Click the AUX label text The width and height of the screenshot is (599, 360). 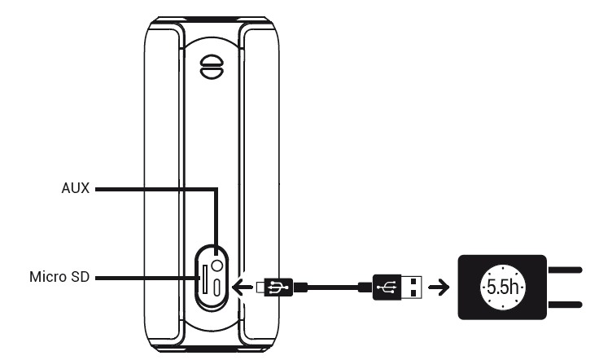(75, 188)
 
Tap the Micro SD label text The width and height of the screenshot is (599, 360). (59, 277)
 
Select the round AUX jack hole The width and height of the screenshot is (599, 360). (216, 266)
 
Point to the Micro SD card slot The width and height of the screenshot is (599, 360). (205, 279)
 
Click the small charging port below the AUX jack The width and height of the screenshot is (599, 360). (216, 288)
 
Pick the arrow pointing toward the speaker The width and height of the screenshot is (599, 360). (243, 287)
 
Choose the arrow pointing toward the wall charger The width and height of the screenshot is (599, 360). (439, 287)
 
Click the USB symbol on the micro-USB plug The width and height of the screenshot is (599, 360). (279, 287)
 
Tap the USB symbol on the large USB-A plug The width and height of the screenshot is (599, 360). (387, 287)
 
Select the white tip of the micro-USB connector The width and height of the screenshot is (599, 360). (260, 288)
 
